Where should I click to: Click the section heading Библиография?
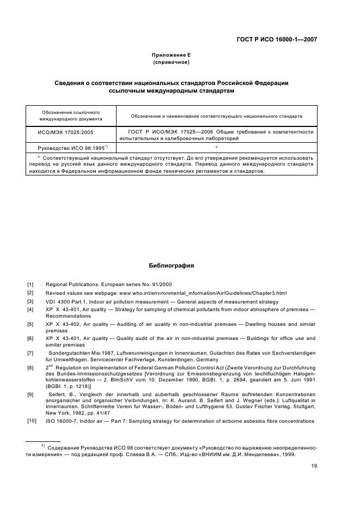coord(171,266)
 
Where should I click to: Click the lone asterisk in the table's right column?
coord(216,148)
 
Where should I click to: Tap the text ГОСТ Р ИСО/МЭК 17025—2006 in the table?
coord(164,131)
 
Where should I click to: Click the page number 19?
coord(314,465)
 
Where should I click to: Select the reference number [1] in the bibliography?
coord(30,284)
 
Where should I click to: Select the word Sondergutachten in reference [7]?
coord(66,354)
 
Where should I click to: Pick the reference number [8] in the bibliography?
coord(30,369)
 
